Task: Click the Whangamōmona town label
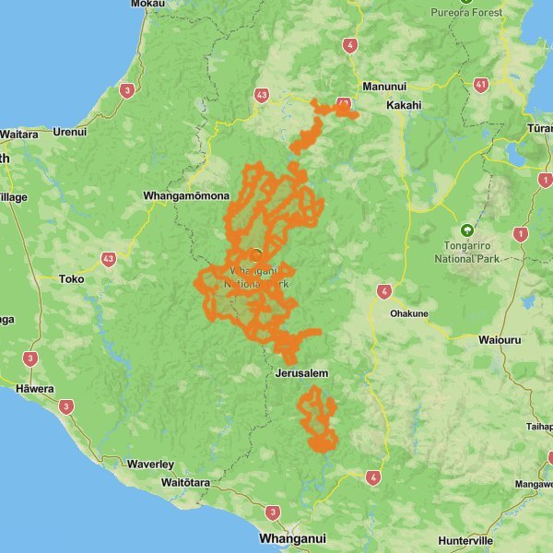(x=185, y=196)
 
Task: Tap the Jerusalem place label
(x=302, y=373)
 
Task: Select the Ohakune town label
(x=409, y=313)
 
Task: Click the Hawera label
(x=35, y=388)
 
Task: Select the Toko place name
(x=71, y=278)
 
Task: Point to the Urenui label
(x=69, y=132)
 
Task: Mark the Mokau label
(x=148, y=5)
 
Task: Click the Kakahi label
(x=403, y=105)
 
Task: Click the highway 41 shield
(x=481, y=84)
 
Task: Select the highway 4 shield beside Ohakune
(x=382, y=292)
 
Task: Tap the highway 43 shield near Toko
(x=109, y=259)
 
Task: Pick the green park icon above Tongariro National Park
(x=466, y=230)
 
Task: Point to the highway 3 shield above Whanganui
(x=272, y=512)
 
